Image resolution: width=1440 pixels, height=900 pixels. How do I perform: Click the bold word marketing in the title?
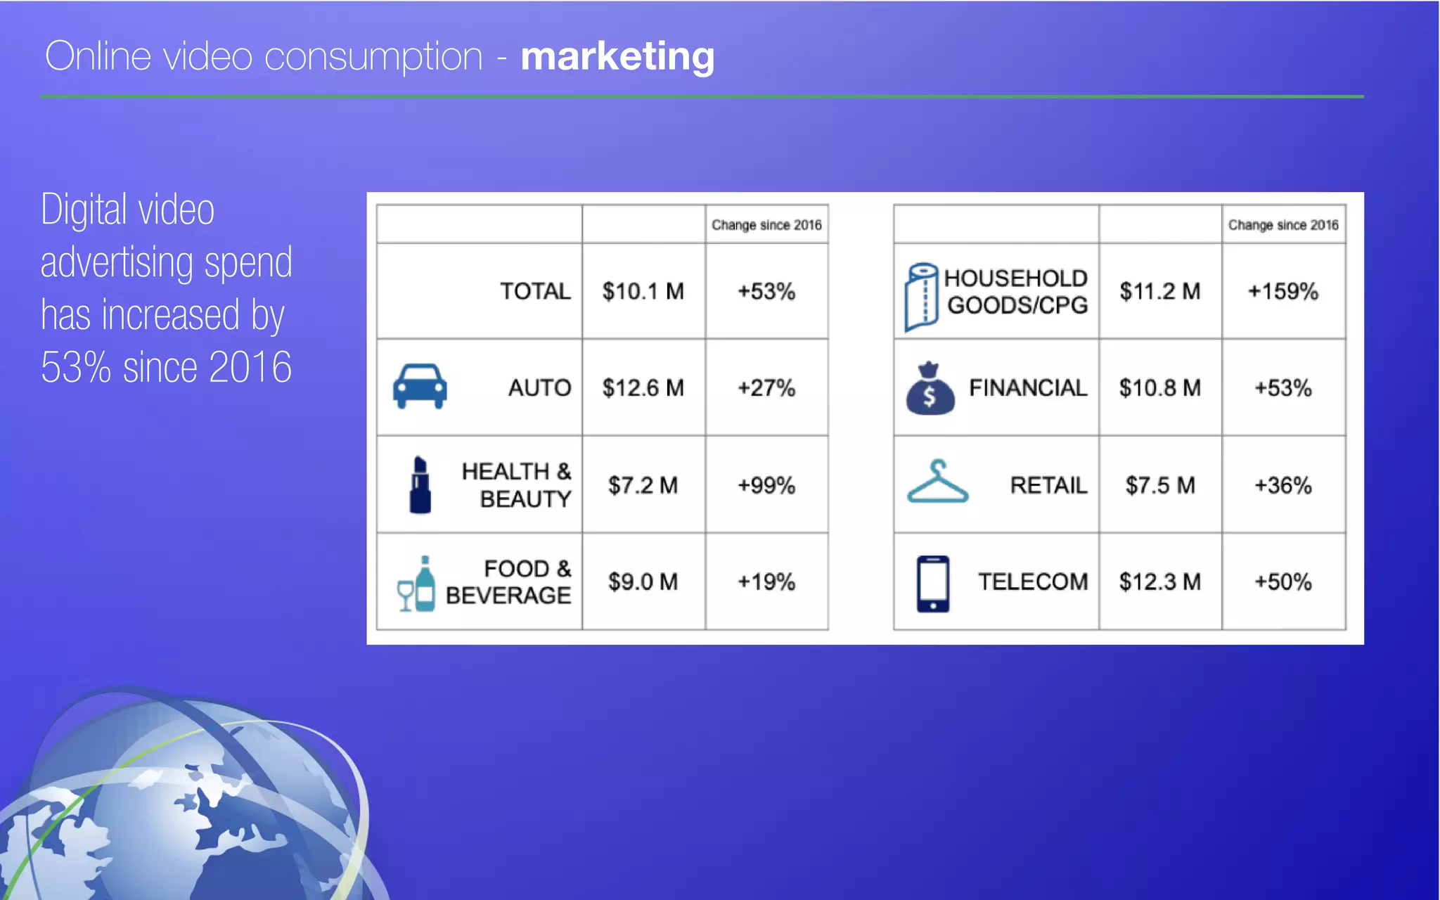coord(617,56)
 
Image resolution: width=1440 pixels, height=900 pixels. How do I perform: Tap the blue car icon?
coord(420,386)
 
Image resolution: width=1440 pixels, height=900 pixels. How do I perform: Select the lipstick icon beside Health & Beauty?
coord(420,484)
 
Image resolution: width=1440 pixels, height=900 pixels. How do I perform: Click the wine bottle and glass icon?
coord(417,584)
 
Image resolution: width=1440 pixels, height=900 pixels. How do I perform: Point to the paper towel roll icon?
coord(922,297)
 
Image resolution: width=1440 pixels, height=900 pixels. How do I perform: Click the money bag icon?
coord(930,389)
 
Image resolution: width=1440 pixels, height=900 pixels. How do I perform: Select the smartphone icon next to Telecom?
coord(933,584)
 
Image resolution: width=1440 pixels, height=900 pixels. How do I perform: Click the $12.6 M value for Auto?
coord(643,387)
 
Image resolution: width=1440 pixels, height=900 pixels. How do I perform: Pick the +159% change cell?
coord(1282,291)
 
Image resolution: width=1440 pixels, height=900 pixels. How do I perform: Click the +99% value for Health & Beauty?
coord(766,485)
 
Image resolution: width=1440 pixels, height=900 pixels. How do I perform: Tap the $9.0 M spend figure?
coord(643,582)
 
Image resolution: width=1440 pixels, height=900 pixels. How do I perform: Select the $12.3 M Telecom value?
coord(1159,582)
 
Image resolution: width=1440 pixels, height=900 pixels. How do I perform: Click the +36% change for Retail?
coord(1282,485)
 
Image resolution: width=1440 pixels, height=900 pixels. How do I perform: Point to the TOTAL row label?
coord(535,291)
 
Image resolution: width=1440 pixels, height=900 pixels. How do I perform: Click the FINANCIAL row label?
coord(1027,387)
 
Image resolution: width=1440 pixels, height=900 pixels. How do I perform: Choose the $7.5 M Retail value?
coord(1159,485)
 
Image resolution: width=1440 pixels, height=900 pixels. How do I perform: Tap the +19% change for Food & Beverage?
coord(766,582)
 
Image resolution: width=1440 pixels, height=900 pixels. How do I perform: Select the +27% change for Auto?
coord(766,387)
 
